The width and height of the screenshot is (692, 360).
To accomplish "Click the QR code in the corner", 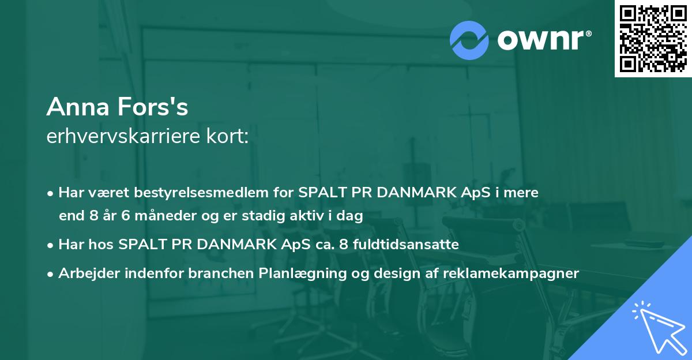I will click(x=653, y=39).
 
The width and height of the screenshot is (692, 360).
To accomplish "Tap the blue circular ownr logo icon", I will click(x=469, y=40).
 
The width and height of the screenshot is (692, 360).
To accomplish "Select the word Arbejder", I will click(x=84, y=273).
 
